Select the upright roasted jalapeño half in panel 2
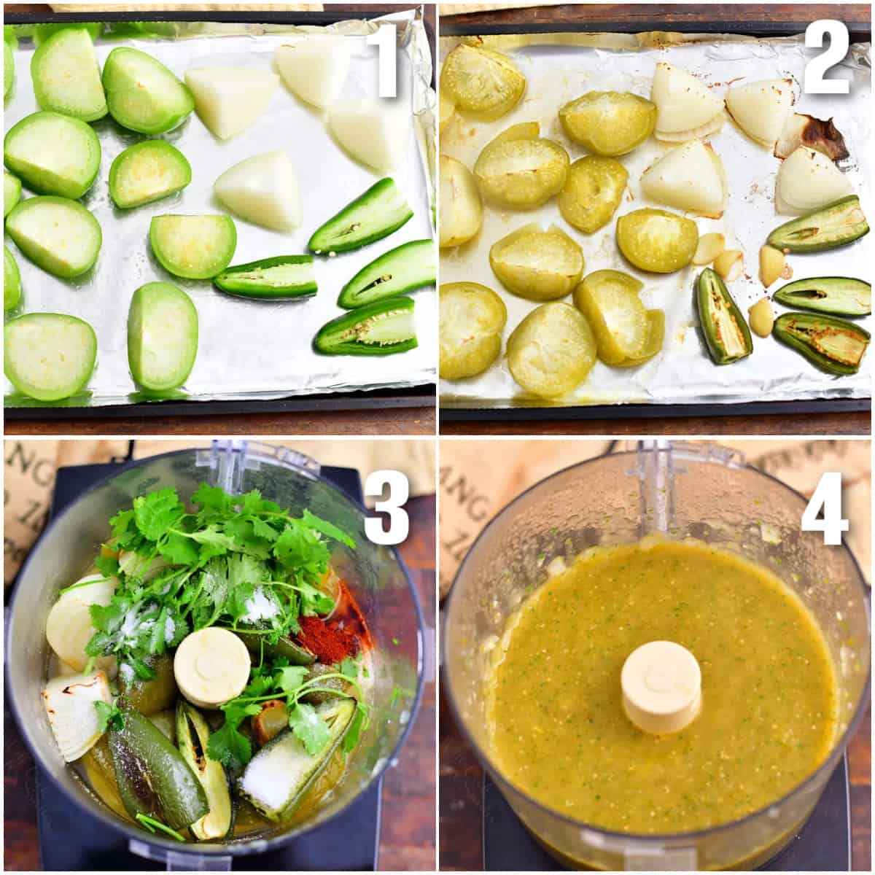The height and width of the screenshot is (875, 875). click(x=721, y=316)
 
